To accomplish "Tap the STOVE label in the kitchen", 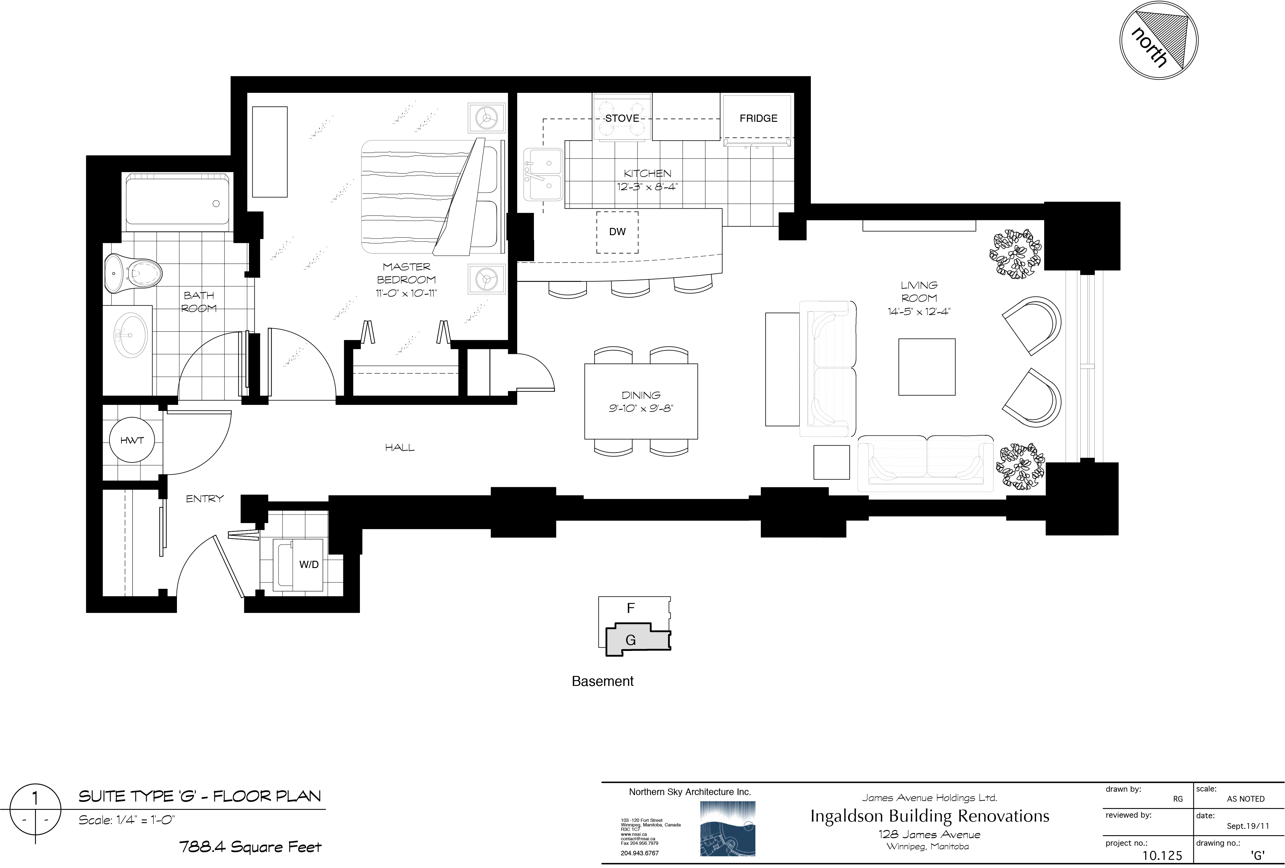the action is [x=622, y=118].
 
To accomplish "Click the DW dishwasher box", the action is [x=617, y=232].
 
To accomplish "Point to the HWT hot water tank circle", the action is [x=132, y=441].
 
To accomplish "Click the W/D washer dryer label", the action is [x=309, y=564].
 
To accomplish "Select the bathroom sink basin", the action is [x=131, y=334].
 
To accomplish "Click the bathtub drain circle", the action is [x=216, y=204].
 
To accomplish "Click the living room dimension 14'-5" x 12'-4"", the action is [x=919, y=311].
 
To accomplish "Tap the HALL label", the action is [x=400, y=447].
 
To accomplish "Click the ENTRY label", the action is [x=205, y=499].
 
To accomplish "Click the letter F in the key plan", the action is [x=630, y=608].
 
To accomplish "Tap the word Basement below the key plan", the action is [x=603, y=681].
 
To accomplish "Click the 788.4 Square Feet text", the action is [x=250, y=847].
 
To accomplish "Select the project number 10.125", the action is [x=1162, y=856].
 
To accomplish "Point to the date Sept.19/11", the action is [x=1248, y=826].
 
